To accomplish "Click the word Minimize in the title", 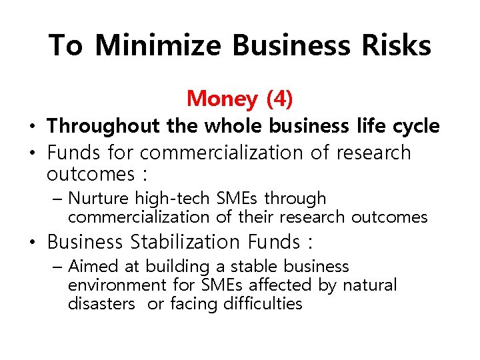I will (157, 45).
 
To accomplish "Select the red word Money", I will (222, 99).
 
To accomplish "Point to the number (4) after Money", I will (279, 99).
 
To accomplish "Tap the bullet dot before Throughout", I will (32, 127).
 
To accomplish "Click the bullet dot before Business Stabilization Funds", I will (32, 242).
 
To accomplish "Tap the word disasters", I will (102, 304).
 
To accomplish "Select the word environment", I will (117, 285).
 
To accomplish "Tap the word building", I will (177, 267).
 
